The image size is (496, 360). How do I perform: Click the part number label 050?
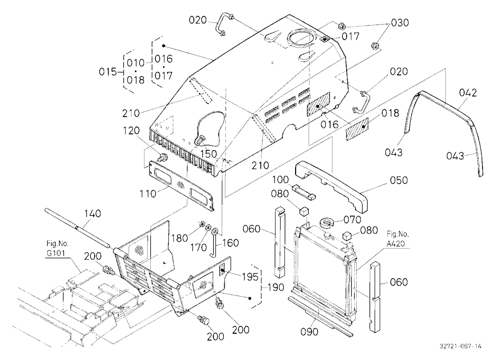399,180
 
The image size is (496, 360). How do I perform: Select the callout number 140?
92,214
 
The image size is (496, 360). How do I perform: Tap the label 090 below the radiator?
310,332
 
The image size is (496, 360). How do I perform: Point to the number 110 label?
148,193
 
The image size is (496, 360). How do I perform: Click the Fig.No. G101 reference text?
57,249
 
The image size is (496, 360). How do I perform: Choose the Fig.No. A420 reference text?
398,239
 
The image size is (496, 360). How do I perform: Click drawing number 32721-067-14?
461,346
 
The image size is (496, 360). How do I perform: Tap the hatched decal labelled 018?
358,129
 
